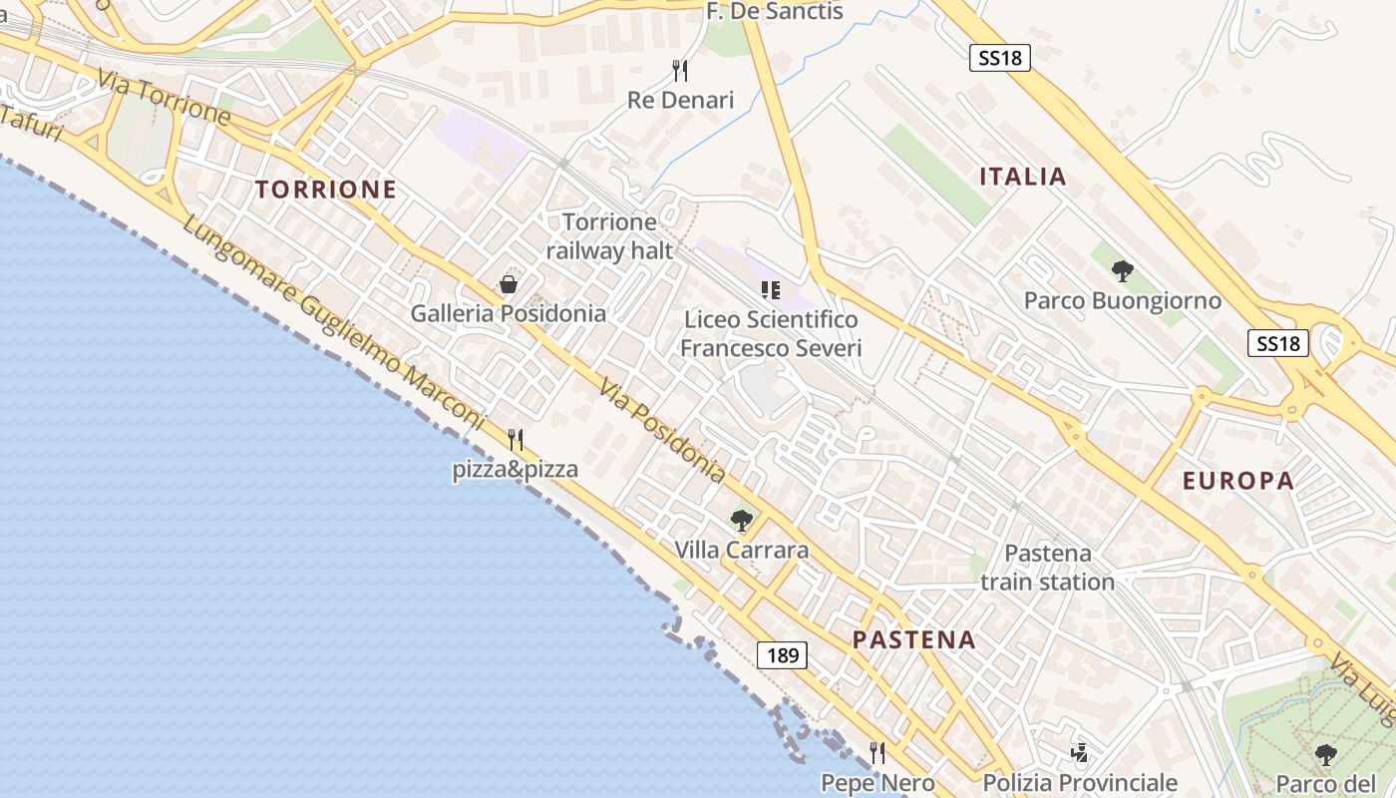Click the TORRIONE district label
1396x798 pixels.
(325, 190)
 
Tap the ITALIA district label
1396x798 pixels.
(1023, 178)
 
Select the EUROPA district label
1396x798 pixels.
(1238, 481)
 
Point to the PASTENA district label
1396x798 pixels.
(914, 640)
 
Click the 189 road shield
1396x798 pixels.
(783, 655)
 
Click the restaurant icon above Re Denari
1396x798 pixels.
(680, 70)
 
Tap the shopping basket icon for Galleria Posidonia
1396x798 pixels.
(509, 284)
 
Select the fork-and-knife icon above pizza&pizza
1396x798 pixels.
(516, 439)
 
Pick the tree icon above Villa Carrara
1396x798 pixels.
(741, 520)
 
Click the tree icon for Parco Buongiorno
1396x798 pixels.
(1123, 270)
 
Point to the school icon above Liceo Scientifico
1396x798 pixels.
(770, 290)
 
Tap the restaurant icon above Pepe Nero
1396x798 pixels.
(877, 752)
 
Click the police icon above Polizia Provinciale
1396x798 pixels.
(1079, 752)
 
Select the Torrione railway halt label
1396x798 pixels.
(610, 236)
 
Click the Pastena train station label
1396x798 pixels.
(1047, 568)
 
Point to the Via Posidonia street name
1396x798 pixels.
(662, 429)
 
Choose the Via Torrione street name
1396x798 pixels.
(165, 97)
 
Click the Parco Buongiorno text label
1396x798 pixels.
(1123, 300)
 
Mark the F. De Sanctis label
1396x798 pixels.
(775, 12)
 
